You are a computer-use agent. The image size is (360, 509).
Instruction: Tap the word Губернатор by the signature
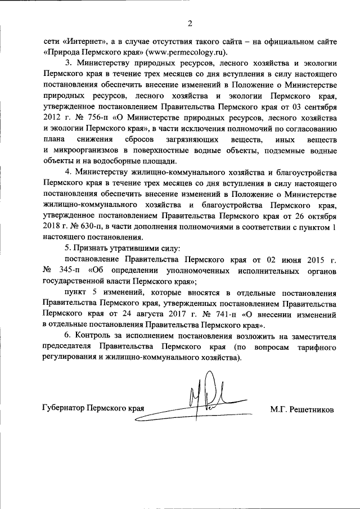67,409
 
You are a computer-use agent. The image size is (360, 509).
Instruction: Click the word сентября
317,106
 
